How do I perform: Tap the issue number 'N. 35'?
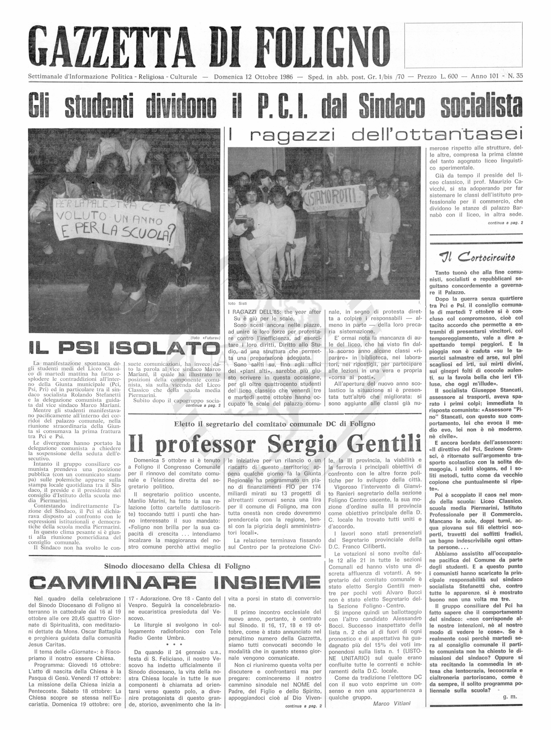pos(515,77)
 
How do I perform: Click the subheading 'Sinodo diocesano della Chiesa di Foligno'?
pos(177,566)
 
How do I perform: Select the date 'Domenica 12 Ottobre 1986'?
pos(253,77)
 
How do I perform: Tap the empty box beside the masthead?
pos(463,45)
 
